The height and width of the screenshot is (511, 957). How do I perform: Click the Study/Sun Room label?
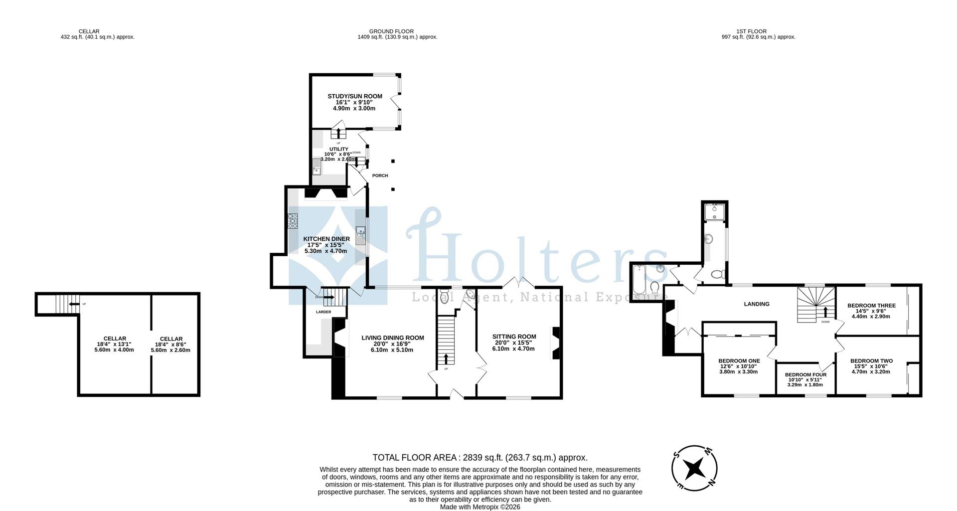354,96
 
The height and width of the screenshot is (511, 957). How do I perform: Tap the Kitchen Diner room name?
326,239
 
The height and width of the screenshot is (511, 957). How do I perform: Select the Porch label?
380,175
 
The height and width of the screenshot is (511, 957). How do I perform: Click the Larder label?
323,312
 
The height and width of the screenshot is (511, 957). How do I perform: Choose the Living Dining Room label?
393,338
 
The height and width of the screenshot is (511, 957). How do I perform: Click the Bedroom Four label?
805,375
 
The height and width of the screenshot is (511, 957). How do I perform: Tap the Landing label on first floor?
756,304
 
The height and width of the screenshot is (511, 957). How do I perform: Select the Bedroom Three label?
871,306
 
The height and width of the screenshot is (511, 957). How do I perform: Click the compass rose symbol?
694,468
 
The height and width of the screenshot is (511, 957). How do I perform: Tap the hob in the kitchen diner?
293,221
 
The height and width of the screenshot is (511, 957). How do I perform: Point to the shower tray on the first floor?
714,211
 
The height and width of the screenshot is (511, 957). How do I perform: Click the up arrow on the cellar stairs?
74,304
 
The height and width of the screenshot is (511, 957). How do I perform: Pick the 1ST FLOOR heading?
758,31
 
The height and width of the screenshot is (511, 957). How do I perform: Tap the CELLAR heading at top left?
89,31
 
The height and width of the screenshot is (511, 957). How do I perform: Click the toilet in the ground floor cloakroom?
445,298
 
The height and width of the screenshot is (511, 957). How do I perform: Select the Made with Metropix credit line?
479,507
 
